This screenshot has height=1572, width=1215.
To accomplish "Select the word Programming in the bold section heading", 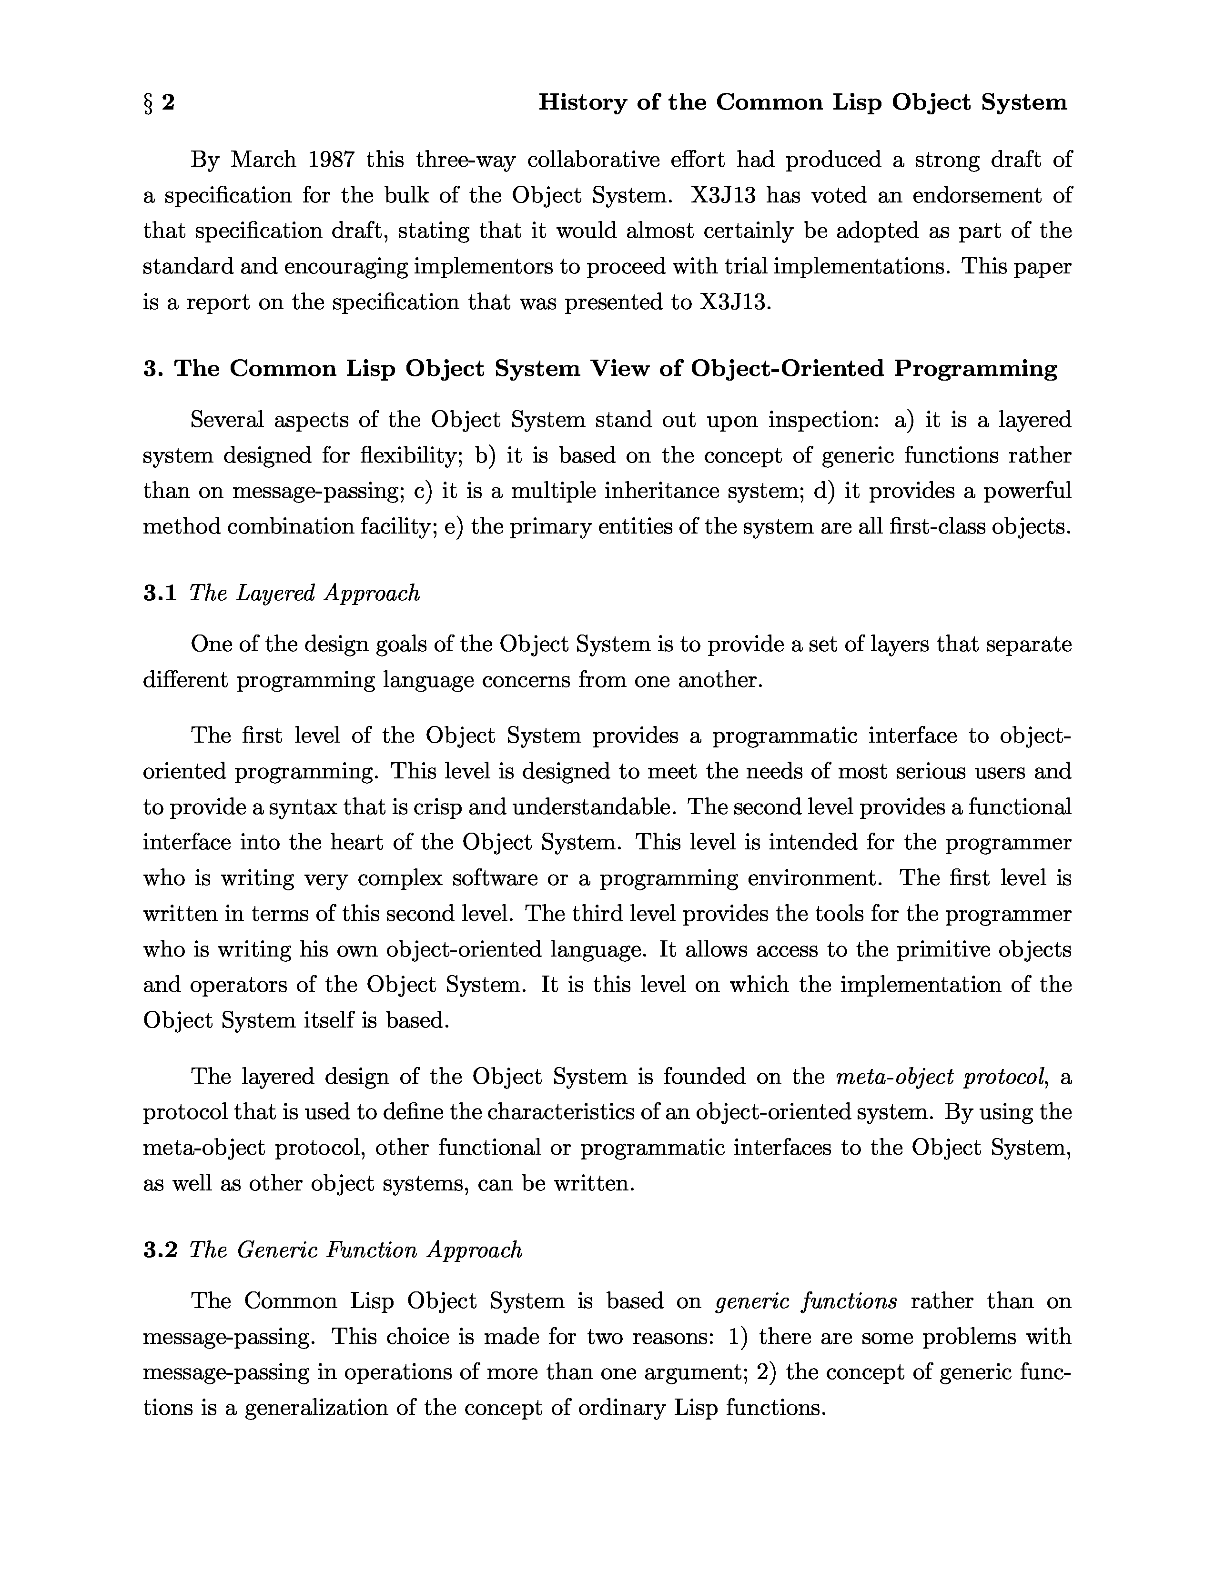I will point(976,369).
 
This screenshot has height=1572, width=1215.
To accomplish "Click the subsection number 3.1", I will point(160,594).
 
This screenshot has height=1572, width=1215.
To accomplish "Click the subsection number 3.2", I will point(160,1250).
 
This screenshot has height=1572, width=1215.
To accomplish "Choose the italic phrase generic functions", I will point(806,1302).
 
